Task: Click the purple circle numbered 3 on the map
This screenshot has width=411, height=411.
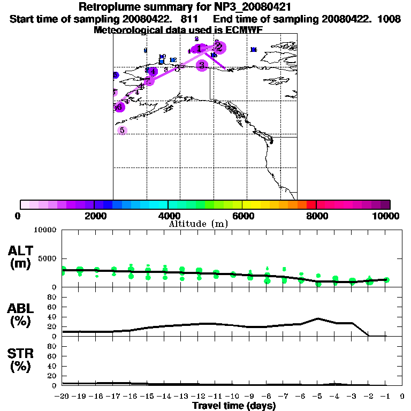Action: [x=202, y=65]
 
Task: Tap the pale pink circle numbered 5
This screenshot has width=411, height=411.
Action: [x=122, y=130]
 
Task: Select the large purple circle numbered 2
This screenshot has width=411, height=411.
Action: [x=218, y=47]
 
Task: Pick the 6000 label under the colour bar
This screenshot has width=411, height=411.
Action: [x=243, y=216]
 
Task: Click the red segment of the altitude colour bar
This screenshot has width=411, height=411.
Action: [x=311, y=204]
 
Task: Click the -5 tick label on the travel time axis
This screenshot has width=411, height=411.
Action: [x=318, y=397]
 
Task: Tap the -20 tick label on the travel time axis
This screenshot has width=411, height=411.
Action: [x=63, y=397]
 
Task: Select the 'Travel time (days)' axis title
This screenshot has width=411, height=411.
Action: [x=234, y=406]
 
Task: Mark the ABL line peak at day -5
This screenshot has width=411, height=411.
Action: [x=318, y=318]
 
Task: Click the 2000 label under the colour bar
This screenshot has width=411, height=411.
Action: [x=94, y=216]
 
